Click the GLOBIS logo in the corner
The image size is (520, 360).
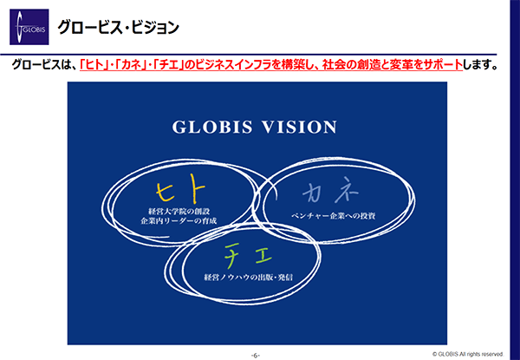pyautogui.click(x=29, y=27)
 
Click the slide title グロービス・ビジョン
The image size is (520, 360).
pyautogui.click(x=118, y=27)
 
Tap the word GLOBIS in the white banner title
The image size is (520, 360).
pyautogui.click(x=212, y=127)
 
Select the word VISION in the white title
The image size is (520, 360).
pyautogui.click(x=300, y=127)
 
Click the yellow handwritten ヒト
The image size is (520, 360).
pyautogui.click(x=181, y=191)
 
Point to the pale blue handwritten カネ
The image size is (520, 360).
pyautogui.click(x=331, y=193)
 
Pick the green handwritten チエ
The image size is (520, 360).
pyautogui.click(x=248, y=256)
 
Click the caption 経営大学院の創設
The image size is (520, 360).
pyautogui.click(x=179, y=211)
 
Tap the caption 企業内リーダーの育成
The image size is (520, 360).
pyautogui.click(x=179, y=220)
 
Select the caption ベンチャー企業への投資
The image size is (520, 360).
pyautogui.click(x=334, y=216)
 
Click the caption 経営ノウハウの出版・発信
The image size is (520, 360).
pyautogui.click(x=249, y=277)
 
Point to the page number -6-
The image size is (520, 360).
pyautogui.click(x=256, y=356)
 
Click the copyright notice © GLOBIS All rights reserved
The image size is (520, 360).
pyautogui.click(x=468, y=354)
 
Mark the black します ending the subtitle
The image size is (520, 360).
pyautogui.click(x=477, y=64)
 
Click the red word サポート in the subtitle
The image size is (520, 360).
pyautogui.click(x=442, y=64)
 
